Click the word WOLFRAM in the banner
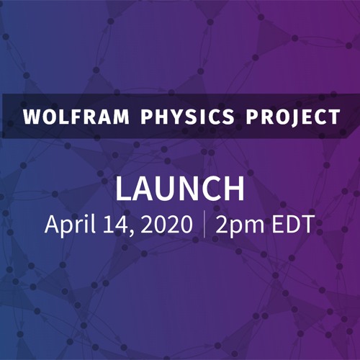(x=72, y=117)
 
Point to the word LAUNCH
(x=180, y=189)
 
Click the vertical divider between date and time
(x=205, y=224)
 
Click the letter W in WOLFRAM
(x=31, y=117)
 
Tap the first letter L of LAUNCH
(x=123, y=189)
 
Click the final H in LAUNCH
(x=234, y=189)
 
